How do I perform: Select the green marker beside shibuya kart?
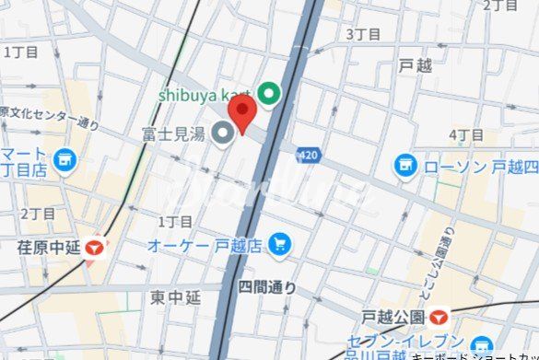pyautogui.click(x=269, y=93)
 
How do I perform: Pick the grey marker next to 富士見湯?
pyautogui.click(x=223, y=135)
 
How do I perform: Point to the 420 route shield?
pyautogui.click(x=309, y=157)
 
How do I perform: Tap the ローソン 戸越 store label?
pyautogui.click(x=480, y=167)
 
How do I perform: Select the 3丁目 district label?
pyautogui.click(x=362, y=34)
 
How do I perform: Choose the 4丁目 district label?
pyautogui.click(x=465, y=135)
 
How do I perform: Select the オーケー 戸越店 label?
pyautogui.click(x=205, y=245)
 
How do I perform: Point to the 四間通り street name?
pyautogui.click(x=267, y=288)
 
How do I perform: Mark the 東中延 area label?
pyautogui.click(x=175, y=297)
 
